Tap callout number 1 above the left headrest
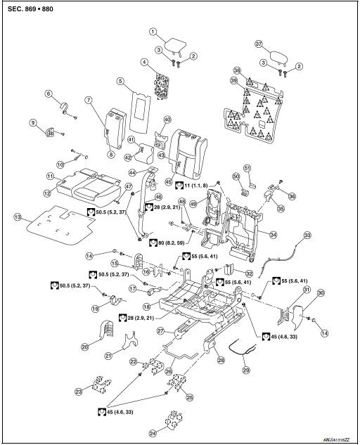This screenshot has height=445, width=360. tap(152, 32)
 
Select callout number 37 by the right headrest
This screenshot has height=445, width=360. tap(258, 44)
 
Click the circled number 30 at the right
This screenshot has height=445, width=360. tap(321, 292)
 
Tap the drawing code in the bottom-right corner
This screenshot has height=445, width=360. tap(337, 437)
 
